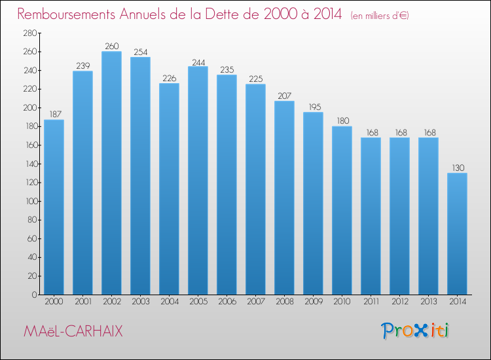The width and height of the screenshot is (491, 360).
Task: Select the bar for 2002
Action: (x=111, y=173)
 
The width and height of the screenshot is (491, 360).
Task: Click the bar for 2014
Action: (x=457, y=234)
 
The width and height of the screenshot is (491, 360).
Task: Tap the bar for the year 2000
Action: (x=54, y=207)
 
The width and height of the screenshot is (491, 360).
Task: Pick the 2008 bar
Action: (x=284, y=198)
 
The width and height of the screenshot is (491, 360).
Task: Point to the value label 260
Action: (x=112, y=46)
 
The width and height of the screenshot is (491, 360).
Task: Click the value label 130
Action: (x=458, y=168)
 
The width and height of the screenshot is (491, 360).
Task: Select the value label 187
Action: (x=56, y=115)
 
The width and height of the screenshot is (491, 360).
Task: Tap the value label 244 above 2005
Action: (x=198, y=63)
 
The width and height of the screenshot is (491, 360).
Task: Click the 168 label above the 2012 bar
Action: (x=401, y=132)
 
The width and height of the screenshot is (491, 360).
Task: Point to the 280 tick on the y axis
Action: (x=30, y=33)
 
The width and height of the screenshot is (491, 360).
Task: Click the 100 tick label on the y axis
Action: (x=31, y=202)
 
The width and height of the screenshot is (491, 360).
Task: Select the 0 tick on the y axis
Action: (x=35, y=295)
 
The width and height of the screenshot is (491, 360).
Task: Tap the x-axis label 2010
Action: (x=342, y=302)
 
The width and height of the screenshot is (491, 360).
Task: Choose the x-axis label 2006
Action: (x=227, y=302)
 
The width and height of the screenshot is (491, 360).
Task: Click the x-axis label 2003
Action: (x=141, y=302)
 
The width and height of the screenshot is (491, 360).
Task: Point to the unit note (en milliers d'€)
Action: (x=380, y=16)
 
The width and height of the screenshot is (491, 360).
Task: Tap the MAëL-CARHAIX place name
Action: (x=73, y=331)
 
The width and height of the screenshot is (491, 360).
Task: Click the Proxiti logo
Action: (x=415, y=331)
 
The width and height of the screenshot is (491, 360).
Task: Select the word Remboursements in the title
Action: (x=66, y=14)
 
